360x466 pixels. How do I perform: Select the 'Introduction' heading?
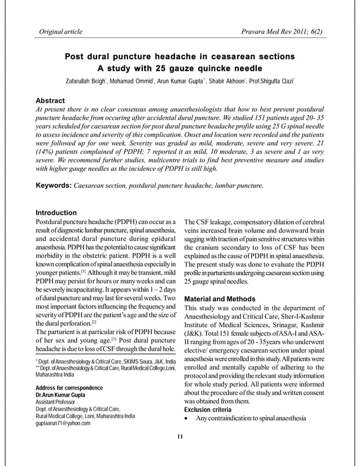56,213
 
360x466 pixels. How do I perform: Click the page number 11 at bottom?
181,436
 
